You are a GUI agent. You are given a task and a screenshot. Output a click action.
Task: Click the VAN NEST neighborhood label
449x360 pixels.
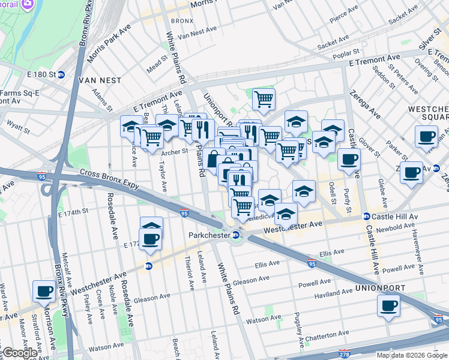(104, 80)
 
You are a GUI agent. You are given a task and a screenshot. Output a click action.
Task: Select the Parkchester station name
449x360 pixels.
(210, 235)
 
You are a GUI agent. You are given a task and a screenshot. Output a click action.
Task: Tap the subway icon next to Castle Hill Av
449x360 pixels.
(366, 216)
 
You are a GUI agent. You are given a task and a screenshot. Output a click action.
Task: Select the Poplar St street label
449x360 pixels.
(348, 53)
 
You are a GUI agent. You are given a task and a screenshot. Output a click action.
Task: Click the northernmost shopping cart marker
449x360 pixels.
(264, 99)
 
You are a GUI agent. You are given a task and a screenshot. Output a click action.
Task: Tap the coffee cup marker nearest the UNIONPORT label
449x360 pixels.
(388, 306)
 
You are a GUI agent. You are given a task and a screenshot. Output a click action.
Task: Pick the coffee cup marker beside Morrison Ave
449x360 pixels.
(44, 292)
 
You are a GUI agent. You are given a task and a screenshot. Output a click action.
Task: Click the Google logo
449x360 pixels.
(19, 353)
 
